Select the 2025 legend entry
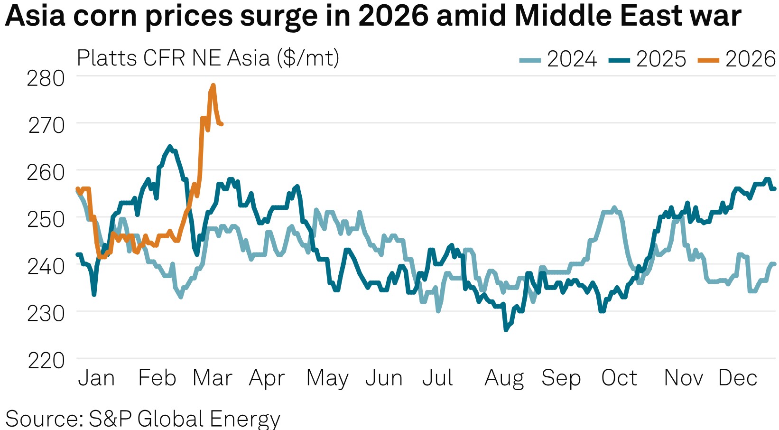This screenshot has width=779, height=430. coord(648,59)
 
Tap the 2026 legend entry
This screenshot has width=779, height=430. coord(737,59)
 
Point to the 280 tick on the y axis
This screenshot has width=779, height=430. coord(46,78)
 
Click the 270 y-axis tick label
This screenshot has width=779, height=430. coord(46,125)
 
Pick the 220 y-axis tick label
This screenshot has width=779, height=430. coord(46,361)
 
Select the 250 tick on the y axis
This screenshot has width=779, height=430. coord(46,219)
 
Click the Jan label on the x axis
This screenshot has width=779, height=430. coord(96,378)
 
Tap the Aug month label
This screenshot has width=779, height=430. coord(504,378)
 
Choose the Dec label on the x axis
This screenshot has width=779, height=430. coord(738,378)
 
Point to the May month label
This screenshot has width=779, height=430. coord(327,378)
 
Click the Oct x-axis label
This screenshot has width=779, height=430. coord(619,378)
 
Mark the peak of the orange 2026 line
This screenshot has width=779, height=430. coord(213,85)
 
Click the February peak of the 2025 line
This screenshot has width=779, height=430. coord(170,146)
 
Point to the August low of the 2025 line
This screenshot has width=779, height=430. coord(506,330)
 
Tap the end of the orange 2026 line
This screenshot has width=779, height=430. coord(222,124)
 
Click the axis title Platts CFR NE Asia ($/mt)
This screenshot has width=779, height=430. coord(208,58)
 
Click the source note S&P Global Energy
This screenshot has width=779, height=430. coord(142,419)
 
